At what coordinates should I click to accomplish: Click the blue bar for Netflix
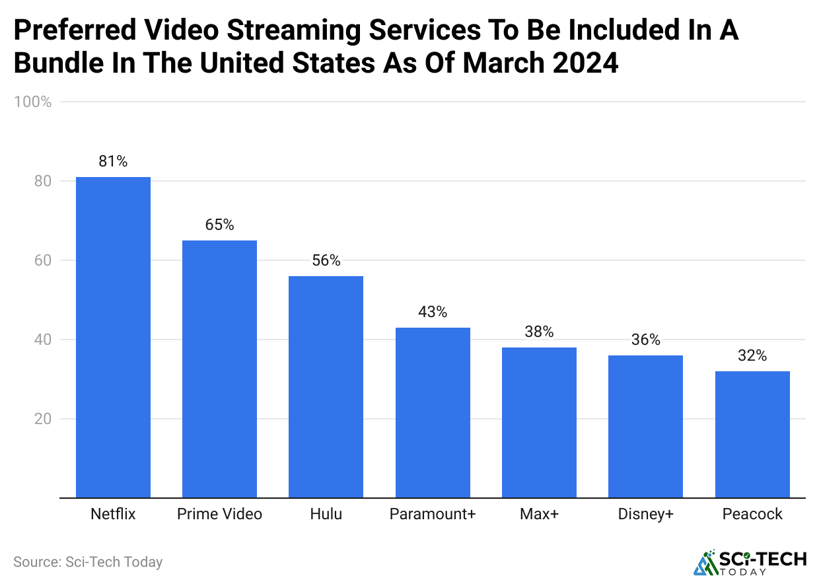pyautogui.click(x=113, y=337)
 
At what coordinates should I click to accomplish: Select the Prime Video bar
pyautogui.click(x=219, y=369)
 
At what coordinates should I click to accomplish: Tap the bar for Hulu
pyautogui.click(x=326, y=386)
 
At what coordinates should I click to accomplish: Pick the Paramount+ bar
pyautogui.click(x=433, y=412)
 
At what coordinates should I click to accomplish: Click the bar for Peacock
pyautogui.click(x=752, y=434)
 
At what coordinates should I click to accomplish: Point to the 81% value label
pyautogui.click(x=113, y=161)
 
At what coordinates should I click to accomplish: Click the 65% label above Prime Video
pyautogui.click(x=219, y=225)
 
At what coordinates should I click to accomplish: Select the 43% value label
pyautogui.click(x=433, y=312)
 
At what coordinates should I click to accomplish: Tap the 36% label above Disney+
pyautogui.click(x=645, y=340)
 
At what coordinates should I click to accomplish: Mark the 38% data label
pyautogui.click(x=539, y=332)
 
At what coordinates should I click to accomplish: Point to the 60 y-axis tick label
pyautogui.click(x=42, y=260)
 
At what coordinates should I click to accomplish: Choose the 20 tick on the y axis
pyautogui.click(x=42, y=419)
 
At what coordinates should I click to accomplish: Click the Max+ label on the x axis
pyautogui.click(x=539, y=514)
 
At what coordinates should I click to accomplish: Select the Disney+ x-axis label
pyautogui.click(x=645, y=514)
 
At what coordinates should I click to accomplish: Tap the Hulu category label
pyautogui.click(x=326, y=514)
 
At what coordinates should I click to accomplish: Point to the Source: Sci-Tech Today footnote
pyautogui.click(x=88, y=562)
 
